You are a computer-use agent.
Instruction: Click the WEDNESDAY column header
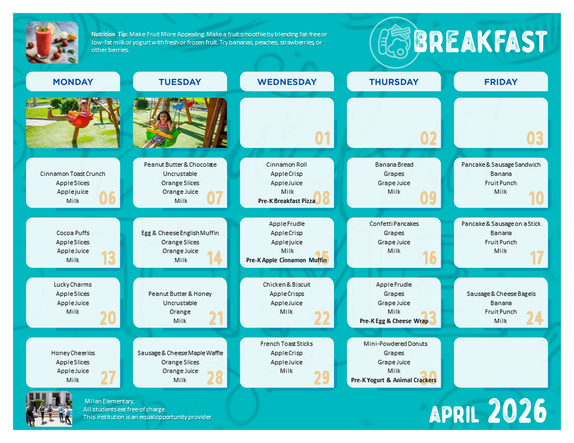(x=286, y=82)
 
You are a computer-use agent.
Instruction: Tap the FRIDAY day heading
(x=501, y=82)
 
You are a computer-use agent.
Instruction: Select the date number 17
(x=536, y=257)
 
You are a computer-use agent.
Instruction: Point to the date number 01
(x=323, y=138)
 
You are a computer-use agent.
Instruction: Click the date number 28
(x=215, y=378)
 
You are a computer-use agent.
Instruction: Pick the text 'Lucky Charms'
(x=73, y=285)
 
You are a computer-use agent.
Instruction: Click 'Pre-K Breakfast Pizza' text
(x=286, y=201)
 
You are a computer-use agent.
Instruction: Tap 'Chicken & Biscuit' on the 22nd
(x=286, y=285)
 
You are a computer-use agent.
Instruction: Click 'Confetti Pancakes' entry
(x=394, y=224)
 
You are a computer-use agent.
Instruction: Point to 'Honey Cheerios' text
(x=73, y=353)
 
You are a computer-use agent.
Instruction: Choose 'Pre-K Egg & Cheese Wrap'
(x=394, y=321)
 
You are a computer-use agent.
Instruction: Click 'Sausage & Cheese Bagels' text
(x=501, y=294)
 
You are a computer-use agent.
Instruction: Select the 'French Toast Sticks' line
(x=286, y=344)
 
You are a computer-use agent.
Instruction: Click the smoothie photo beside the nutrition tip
(x=52, y=42)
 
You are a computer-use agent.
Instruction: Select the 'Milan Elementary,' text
(x=110, y=401)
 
